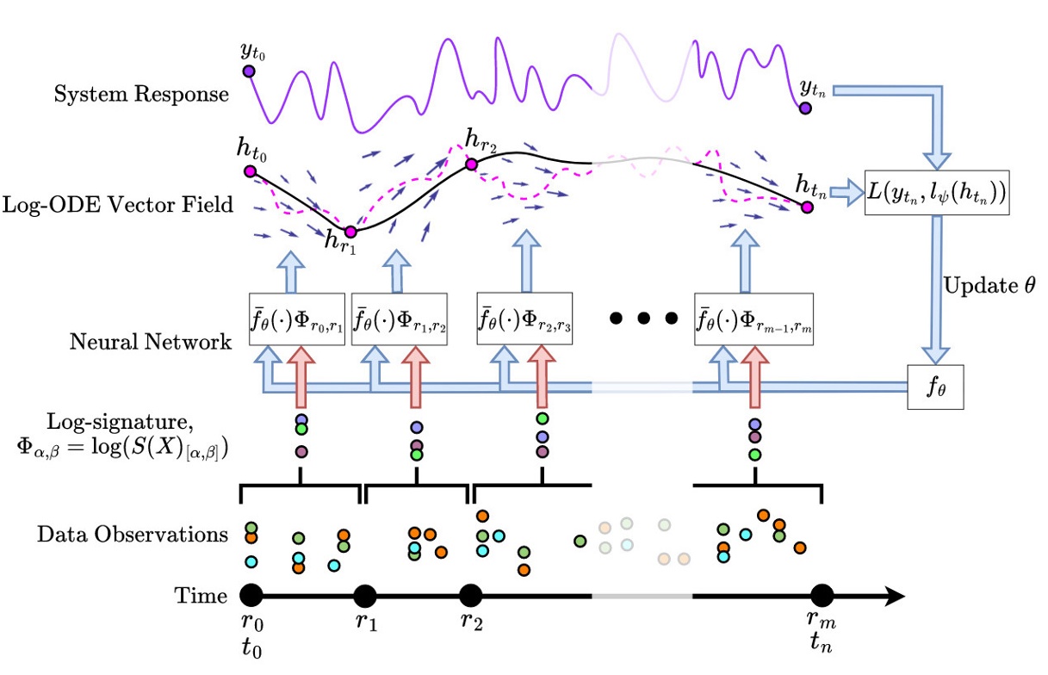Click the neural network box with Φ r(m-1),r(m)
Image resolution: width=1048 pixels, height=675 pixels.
pos(753,319)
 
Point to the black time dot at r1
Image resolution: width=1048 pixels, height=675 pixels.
pos(365,596)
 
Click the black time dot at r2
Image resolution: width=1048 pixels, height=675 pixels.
pos(470,596)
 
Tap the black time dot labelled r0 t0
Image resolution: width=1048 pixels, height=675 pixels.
pos(251,595)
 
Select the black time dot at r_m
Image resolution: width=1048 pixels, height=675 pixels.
pos(822,596)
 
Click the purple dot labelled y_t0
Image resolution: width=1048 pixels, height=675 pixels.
pos(248,71)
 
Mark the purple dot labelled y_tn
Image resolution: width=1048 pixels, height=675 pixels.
pos(804,108)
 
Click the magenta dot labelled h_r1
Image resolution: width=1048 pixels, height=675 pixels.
pos(350,232)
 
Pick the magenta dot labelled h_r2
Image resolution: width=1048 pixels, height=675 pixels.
pos(471,164)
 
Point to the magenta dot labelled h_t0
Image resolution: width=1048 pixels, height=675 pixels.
pos(251,171)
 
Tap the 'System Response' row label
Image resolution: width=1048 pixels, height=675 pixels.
pos(142,94)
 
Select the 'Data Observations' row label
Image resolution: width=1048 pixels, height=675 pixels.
pos(133,535)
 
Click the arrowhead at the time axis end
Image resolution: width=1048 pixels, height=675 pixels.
pos(896,596)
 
